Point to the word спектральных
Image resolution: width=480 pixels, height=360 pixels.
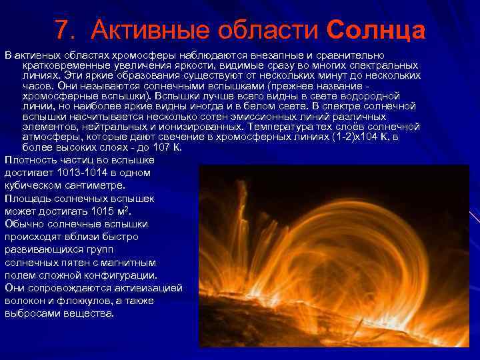[x=387, y=65]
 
